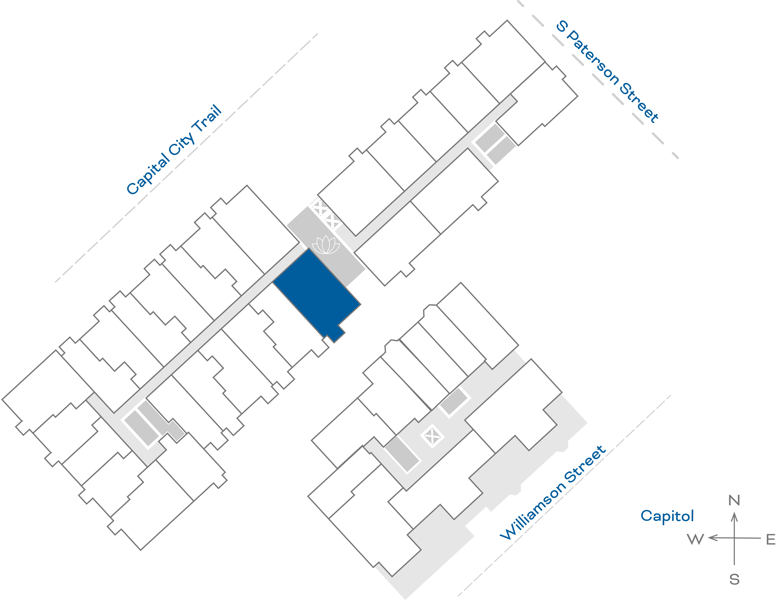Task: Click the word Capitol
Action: tap(667, 516)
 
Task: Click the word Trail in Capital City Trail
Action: tap(207, 119)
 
